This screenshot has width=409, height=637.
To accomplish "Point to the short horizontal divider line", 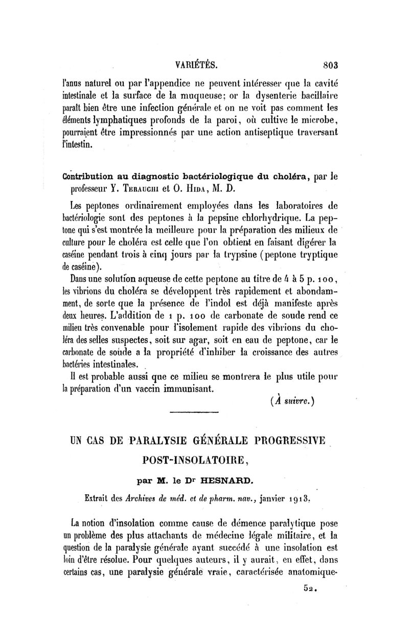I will point(194,412).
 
